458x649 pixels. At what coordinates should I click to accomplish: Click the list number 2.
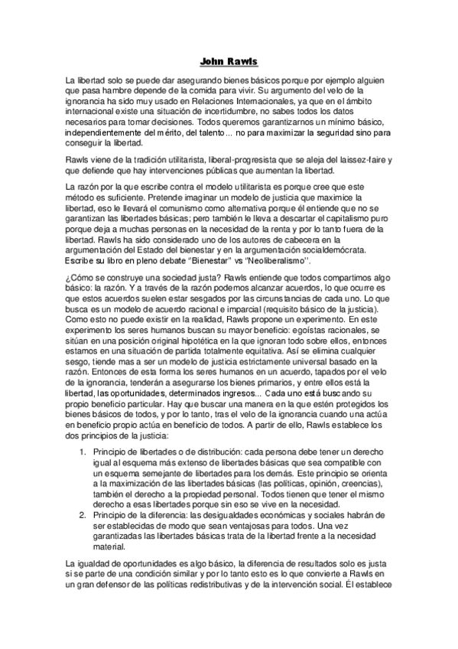84,515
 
